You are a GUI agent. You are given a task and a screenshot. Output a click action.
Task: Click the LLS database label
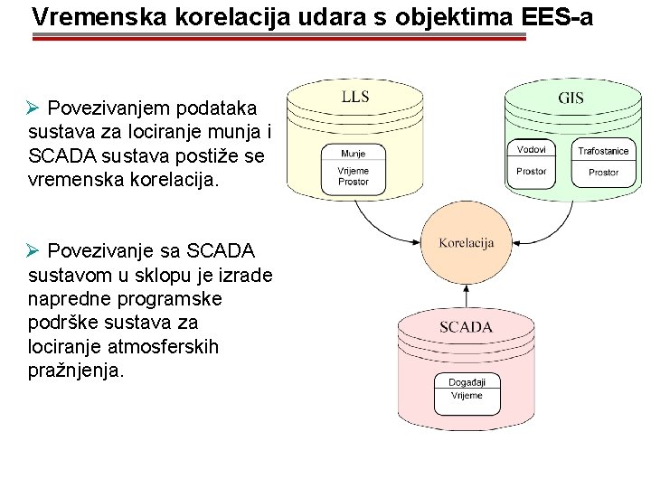tap(354, 97)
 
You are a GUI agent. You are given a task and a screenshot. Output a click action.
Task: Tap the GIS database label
tap(571, 99)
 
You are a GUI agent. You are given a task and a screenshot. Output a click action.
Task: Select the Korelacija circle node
tap(466, 243)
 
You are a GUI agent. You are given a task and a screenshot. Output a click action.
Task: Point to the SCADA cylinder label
tap(466, 327)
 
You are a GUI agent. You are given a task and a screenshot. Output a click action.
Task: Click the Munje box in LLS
tap(354, 154)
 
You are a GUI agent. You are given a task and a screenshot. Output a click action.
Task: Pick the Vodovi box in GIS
tap(532, 149)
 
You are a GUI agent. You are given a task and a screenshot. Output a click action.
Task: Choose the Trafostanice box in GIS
tap(603, 151)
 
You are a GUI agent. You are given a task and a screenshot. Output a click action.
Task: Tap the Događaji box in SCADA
tap(467, 383)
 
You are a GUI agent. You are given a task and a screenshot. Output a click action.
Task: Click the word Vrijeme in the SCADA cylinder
tap(467, 396)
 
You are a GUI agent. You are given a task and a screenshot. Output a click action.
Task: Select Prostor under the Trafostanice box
tap(603, 172)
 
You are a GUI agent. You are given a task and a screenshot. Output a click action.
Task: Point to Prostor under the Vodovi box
tap(532, 171)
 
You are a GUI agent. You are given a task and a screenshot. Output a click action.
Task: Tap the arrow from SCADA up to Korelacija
tap(466, 296)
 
